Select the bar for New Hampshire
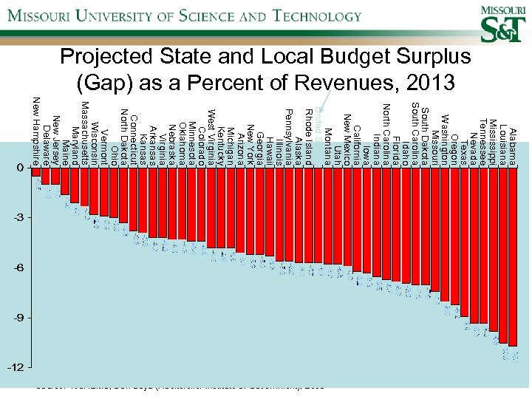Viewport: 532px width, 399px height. tap(36, 171)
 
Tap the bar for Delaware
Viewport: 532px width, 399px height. tap(46, 175)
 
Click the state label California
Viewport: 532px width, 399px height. tap(357, 126)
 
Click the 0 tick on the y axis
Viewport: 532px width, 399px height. tap(19, 168)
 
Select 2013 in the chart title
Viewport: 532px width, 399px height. tap(429, 83)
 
